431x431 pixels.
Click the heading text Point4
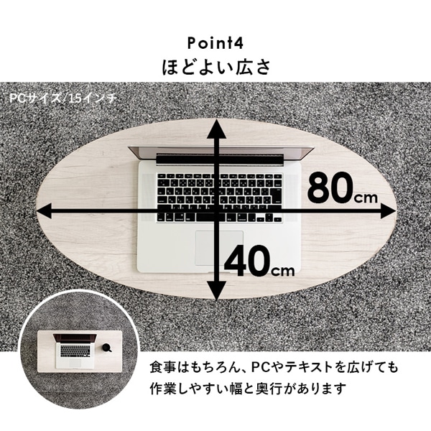(x=215, y=43)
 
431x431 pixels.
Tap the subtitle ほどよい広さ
(x=216, y=68)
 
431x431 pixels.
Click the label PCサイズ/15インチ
(x=62, y=98)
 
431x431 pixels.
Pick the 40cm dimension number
(x=259, y=261)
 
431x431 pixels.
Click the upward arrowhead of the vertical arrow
(x=217, y=129)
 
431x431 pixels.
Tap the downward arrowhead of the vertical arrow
(x=217, y=291)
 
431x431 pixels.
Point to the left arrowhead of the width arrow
(x=44, y=211)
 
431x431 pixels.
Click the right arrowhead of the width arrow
(x=388, y=211)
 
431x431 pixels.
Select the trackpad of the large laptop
(x=219, y=248)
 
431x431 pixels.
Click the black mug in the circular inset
(x=107, y=348)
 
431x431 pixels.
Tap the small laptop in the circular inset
(x=75, y=351)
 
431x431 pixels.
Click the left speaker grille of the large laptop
(x=148, y=198)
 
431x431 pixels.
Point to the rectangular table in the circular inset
(x=80, y=351)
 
